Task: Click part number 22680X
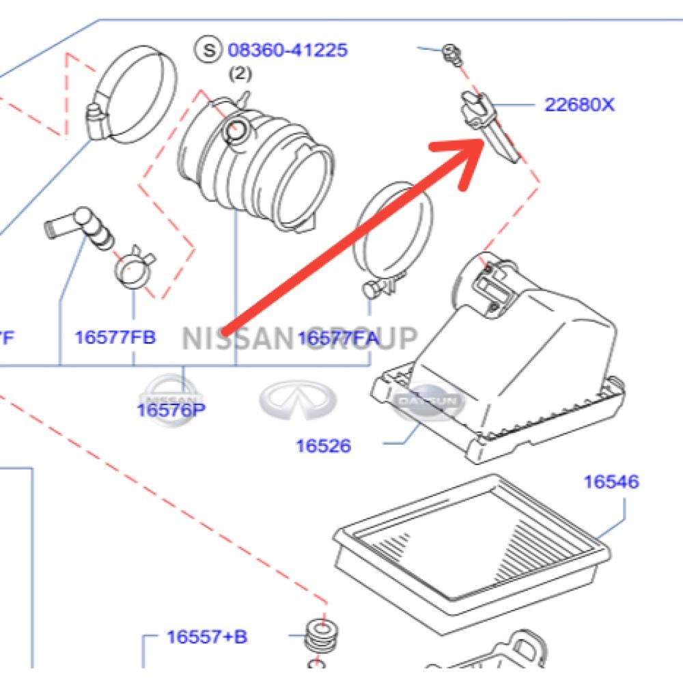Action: pyautogui.click(x=579, y=105)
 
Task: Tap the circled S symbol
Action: pyautogui.click(x=208, y=49)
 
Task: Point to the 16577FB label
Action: pyautogui.click(x=115, y=337)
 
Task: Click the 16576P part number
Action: pyautogui.click(x=171, y=410)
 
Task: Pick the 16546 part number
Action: pyautogui.click(x=611, y=482)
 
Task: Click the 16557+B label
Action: pyautogui.click(x=207, y=637)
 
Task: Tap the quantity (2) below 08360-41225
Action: pyautogui.click(x=239, y=72)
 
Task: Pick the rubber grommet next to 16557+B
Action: pyautogui.click(x=322, y=639)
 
